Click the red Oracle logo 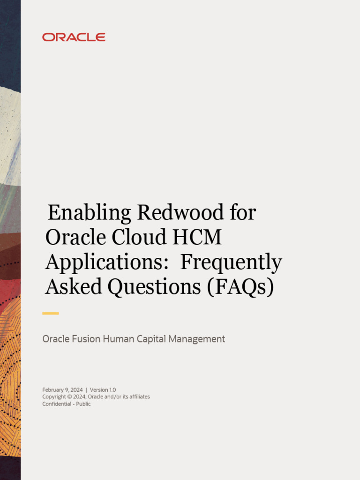(74, 37)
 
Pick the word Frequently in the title (231, 262)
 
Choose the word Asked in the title (74, 287)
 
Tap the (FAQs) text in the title (240, 287)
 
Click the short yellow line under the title (51, 313)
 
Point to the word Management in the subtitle (197, 339)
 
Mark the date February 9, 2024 (62, 390)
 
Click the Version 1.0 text (103, 390)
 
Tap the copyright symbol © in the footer (70, 397)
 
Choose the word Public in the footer (83, 404)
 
